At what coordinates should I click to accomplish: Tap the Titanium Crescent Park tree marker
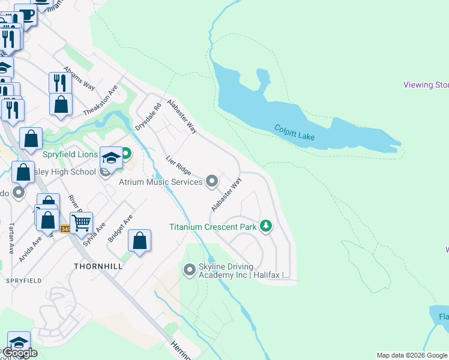tap(266, 226)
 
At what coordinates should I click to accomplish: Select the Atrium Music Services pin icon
tap(211, 181)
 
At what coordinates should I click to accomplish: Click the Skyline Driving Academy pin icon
tap(190, 270)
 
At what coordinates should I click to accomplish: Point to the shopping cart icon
tap(81, 223)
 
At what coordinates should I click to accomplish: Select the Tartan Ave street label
tap(11, 238)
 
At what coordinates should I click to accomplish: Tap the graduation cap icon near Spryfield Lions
tap(110, 158)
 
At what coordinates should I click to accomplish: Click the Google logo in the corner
tap(20, 353)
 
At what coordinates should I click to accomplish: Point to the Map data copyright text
tap(412, 355)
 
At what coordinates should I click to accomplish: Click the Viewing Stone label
tap(426, 85)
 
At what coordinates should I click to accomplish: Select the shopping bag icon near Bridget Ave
tap(139, 241)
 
